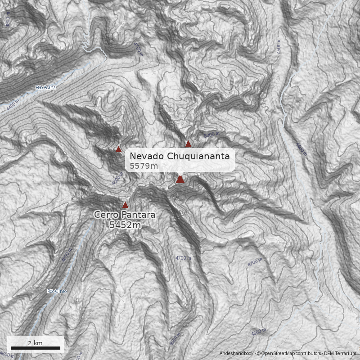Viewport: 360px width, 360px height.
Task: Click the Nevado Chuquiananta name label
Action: pos(180,156)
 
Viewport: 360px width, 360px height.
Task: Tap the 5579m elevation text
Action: pos(144,166)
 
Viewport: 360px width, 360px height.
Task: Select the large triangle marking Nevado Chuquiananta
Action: pos(180,180)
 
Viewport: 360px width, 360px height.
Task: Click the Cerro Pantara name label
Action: pos(125,215)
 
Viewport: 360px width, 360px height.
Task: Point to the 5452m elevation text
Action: pos(125,225)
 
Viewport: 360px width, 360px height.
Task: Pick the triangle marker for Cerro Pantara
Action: pos(125,205)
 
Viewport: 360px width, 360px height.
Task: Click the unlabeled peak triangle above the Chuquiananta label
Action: pos(188,144)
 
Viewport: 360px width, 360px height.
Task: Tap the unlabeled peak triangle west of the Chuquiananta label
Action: pos(118,149)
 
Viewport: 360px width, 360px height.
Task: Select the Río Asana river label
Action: pos(45,87)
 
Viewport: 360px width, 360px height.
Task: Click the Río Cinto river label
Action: pos(57,291)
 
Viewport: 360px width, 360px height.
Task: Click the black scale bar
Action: pos(35,348)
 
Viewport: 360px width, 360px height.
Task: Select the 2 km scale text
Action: pos(35,343)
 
